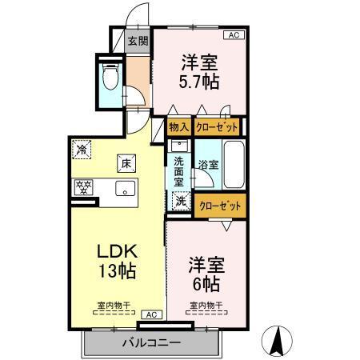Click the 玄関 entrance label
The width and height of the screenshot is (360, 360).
point(138,41)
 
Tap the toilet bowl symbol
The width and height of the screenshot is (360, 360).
point(111,78)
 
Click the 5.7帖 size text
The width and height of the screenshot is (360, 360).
point(198,82)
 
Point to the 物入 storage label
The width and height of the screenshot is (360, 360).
point(179,126)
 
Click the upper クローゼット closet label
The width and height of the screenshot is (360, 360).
point(217,126)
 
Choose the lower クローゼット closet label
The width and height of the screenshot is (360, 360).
point(220,206)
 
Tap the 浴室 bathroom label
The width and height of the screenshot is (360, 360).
point(208,166)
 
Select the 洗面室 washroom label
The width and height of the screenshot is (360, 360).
point(179,170)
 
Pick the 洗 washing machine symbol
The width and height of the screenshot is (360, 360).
point(181,202)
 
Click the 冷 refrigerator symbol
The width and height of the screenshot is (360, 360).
point(82,149)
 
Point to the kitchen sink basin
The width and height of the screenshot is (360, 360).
point(125,189)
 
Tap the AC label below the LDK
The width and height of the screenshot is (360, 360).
point(150,315)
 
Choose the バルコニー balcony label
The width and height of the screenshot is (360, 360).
point(151,342)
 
